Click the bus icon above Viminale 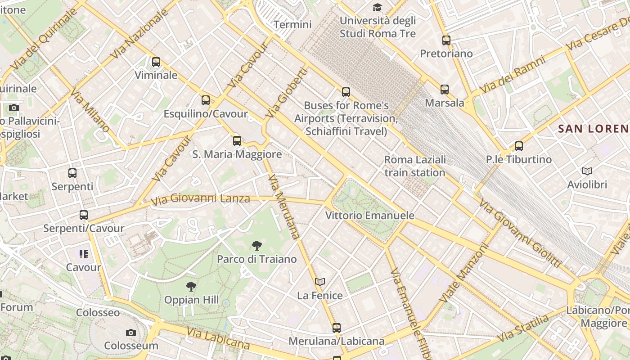coord(156,62)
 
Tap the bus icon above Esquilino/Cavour coord(206,100)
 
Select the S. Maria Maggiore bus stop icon coord(237,141)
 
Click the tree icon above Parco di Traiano coord(257,246)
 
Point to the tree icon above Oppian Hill coord(191,287)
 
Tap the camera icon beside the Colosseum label coord(131,333)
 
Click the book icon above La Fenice coord(320,282)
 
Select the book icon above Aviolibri coord(587,171)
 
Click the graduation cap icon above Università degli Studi coord(377,8)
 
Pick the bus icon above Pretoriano coord(446,40)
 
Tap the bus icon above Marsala coord(445,90)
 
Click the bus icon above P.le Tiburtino coord(519,146)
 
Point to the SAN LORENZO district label coord(593,129)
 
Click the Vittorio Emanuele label coord(369,216)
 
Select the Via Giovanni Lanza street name coord(200,199)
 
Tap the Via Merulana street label coord(283,206)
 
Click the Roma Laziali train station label coord(415,166)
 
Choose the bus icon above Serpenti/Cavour coord(84,215)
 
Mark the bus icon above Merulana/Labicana coord(337,328)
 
